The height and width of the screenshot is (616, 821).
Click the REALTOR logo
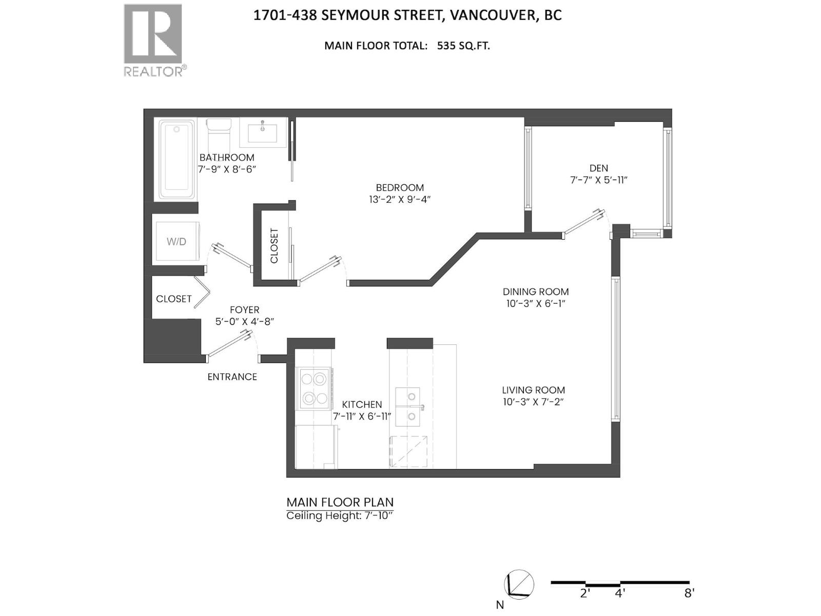point(153,40)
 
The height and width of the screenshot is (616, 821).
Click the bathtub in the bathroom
point(177,159)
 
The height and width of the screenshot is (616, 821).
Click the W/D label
point(176,241)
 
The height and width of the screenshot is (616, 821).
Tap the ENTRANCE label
point(232,377)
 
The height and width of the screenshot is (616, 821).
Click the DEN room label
point(598,168)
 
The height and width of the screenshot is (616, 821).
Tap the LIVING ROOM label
point(533,390)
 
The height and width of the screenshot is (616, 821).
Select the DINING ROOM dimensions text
point(535,303)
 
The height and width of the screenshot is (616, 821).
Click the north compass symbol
point(519,585)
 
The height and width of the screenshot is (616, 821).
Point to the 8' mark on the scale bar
point(689,593)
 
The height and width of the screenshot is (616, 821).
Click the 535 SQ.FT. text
point(463,45)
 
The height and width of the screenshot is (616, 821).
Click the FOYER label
point(244,310)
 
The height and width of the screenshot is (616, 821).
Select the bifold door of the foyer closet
point(202,293)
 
